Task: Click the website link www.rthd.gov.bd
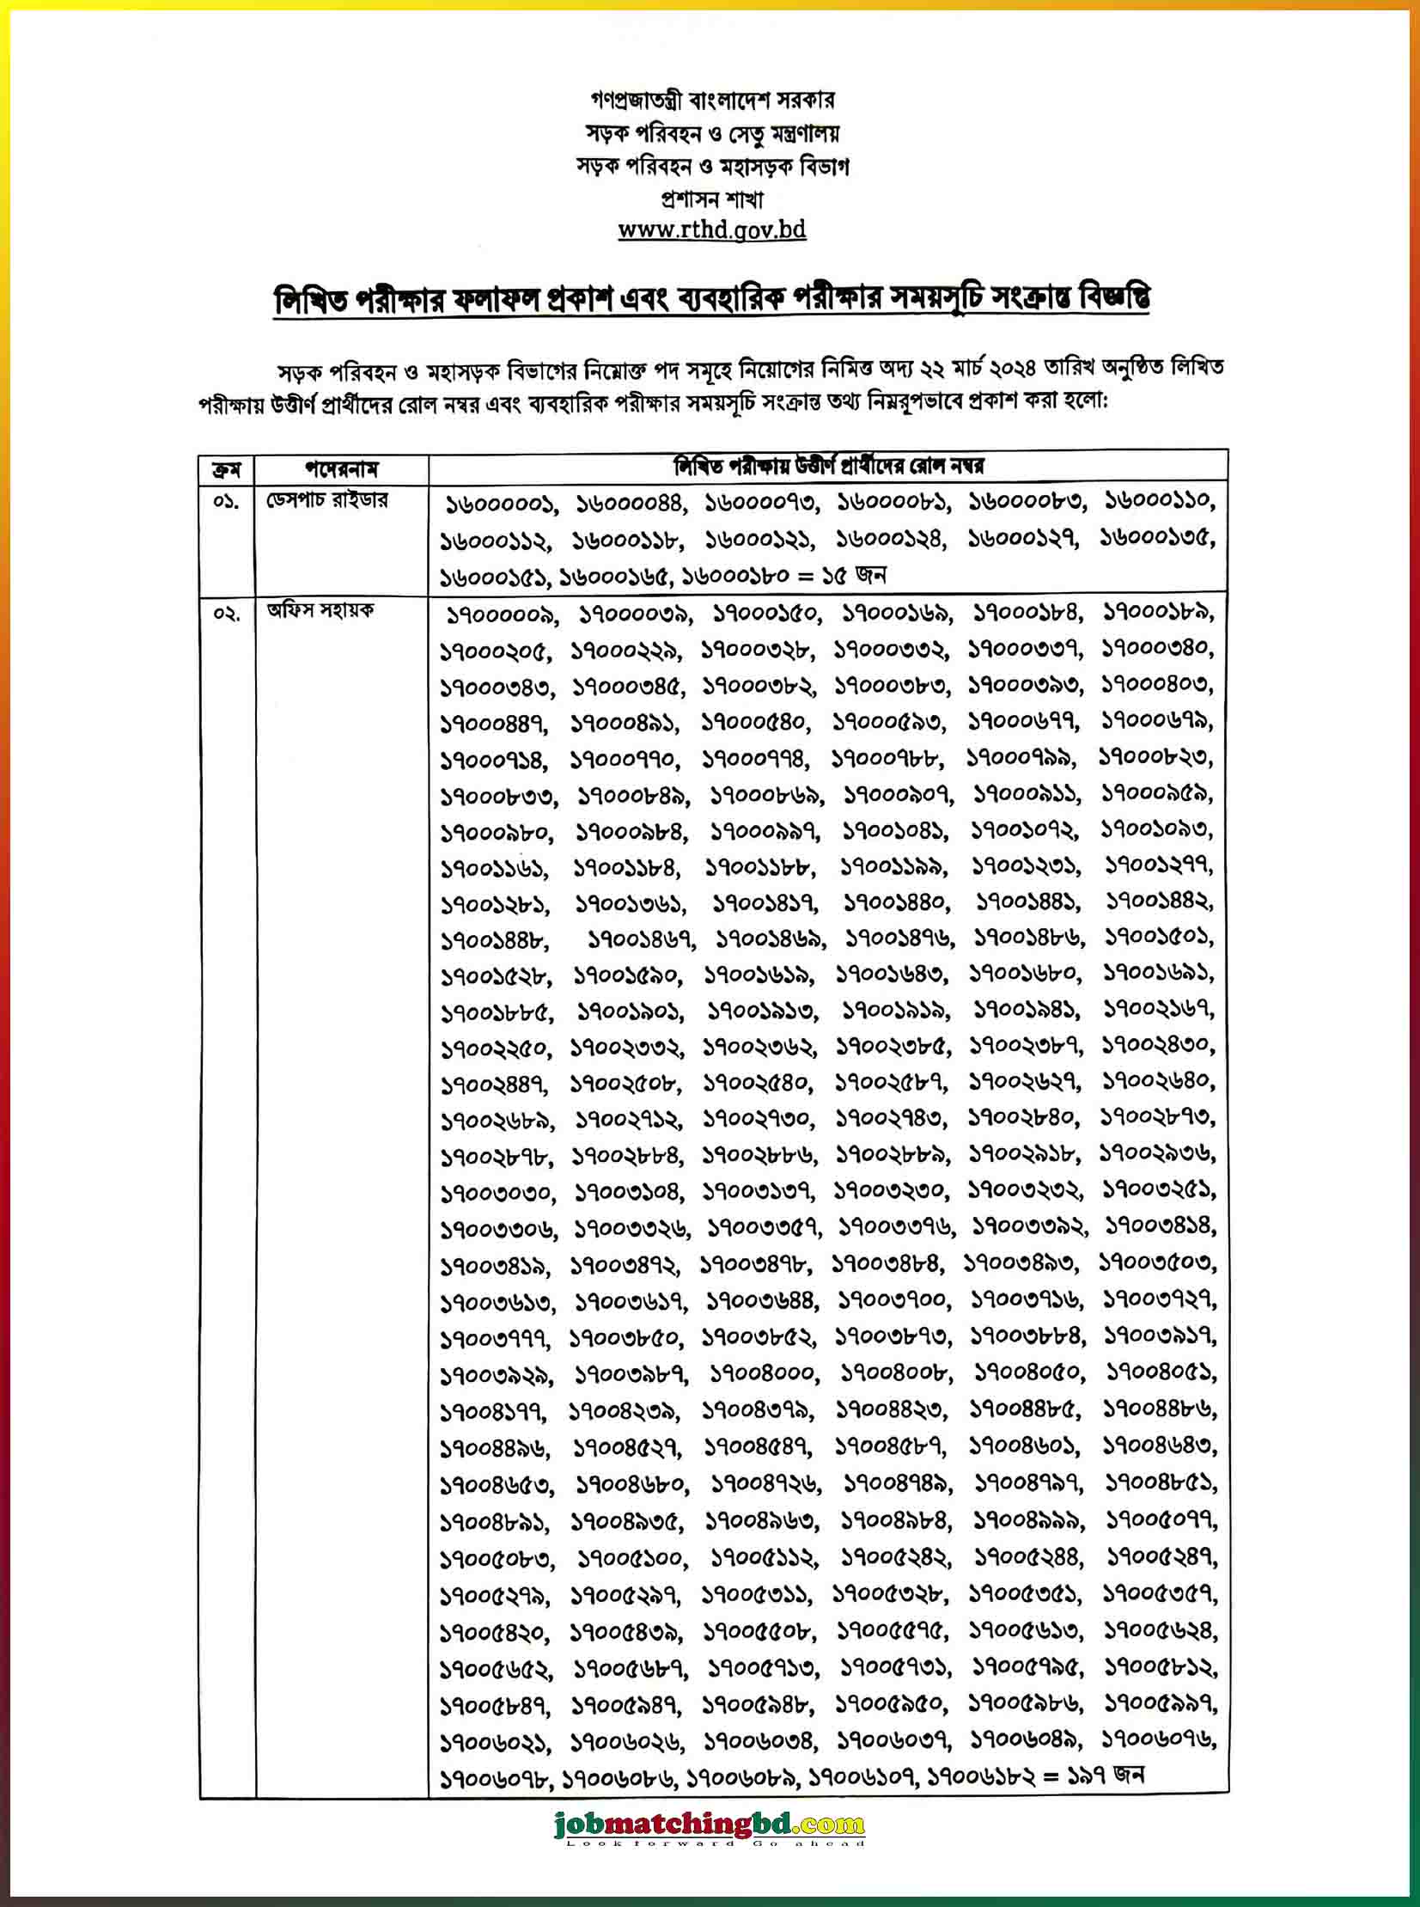(x=712, y=230)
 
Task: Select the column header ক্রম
(x=227, y=469)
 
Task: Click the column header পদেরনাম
(x=341, y=469)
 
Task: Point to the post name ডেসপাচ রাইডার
(x=326, y=500)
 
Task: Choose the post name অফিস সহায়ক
(x=320, y=611)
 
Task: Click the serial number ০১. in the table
(x=226, y=501)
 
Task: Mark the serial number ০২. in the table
(x=226, y=613)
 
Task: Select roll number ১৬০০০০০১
(x=500, y=504)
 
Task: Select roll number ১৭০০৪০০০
(x=762, y=1374)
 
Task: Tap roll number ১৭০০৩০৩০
(x=497, y=1194)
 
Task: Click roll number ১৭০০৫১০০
(x=630, y=1558)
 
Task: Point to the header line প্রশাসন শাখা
(x=712, y=199)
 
